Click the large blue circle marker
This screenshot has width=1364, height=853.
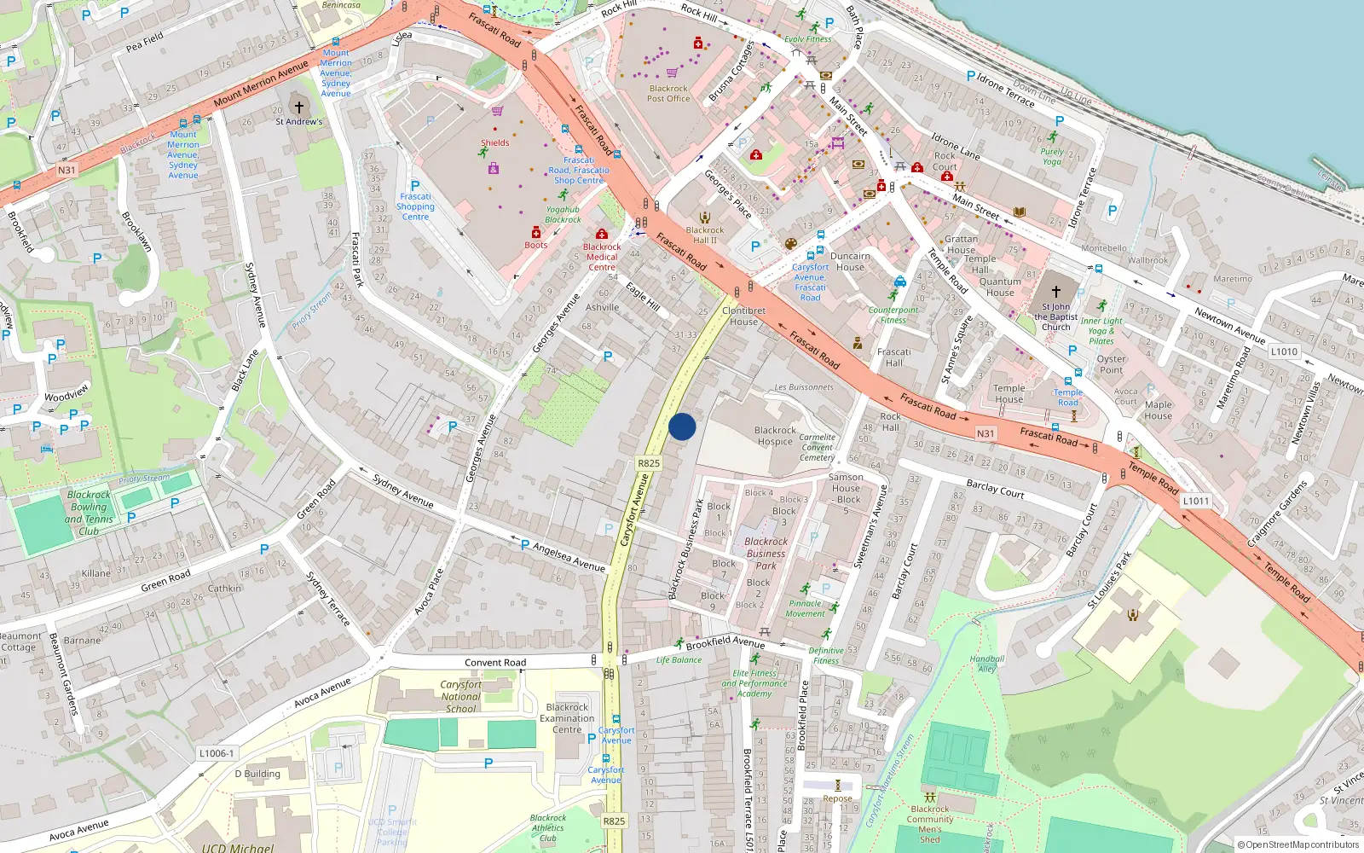coord(682,426)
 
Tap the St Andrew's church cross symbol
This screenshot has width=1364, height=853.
coord(298,107)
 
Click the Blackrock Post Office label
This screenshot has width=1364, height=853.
coord(668,93)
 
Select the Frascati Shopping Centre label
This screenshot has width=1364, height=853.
coord(415,206)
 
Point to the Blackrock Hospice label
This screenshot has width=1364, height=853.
coord(775,436)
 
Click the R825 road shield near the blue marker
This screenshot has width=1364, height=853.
coord(649,463)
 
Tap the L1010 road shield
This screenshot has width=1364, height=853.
coord(1284,351)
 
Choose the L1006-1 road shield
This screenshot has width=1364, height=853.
coord(217,753)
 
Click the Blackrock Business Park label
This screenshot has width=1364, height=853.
coord(766,553)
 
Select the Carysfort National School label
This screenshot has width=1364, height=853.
coord(460,696)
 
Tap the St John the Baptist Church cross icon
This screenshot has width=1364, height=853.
coord(1055,292)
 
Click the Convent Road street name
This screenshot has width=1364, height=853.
coord(495,663)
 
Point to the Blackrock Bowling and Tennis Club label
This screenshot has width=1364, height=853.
coord(89,513)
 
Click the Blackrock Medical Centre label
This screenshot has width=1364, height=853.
coord(602,257)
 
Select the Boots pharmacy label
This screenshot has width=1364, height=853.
coord(535,245)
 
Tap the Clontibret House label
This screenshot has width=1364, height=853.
coord(743,316)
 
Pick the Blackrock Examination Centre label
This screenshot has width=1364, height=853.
coord(567,718)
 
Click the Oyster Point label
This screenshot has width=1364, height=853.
coord(1111,364)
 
